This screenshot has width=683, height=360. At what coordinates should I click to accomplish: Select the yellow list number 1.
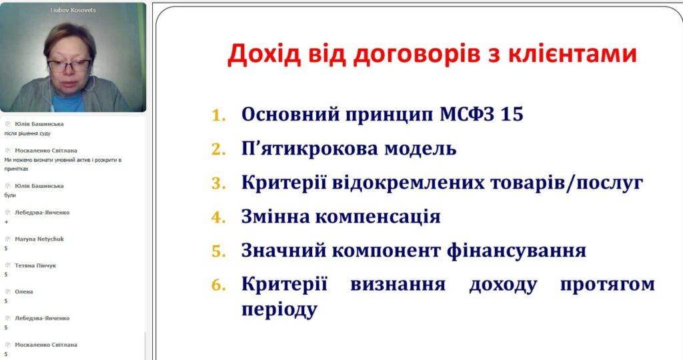[x=219, y=115]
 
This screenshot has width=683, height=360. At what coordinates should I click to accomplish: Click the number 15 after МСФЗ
[x=512, y=114]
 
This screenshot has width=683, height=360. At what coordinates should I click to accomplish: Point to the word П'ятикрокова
[x=309, y=149]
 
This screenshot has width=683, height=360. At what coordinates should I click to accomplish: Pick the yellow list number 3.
[x=219, y=183]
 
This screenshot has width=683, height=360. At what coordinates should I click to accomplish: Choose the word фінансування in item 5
[x=516, y=251]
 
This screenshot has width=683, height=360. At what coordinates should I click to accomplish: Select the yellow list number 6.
[x=219, y=285]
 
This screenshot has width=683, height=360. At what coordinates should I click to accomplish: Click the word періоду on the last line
[x=279, y=310]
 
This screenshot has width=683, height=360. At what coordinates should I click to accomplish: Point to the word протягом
[x=607, y=285]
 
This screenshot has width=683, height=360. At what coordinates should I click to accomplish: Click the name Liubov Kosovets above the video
[x=73, y=10]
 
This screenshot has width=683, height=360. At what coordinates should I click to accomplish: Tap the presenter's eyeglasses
[x=69, y=66]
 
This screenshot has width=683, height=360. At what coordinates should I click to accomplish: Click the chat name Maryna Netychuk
[x=39, y=239]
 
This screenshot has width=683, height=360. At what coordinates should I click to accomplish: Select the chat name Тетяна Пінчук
[x=35, y=265]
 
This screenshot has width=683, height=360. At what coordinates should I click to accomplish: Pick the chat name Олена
[x=24, y=291]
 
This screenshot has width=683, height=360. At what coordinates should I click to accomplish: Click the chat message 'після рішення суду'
[x=27, y=133]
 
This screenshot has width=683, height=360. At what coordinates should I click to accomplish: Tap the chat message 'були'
[x=10, y=195]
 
